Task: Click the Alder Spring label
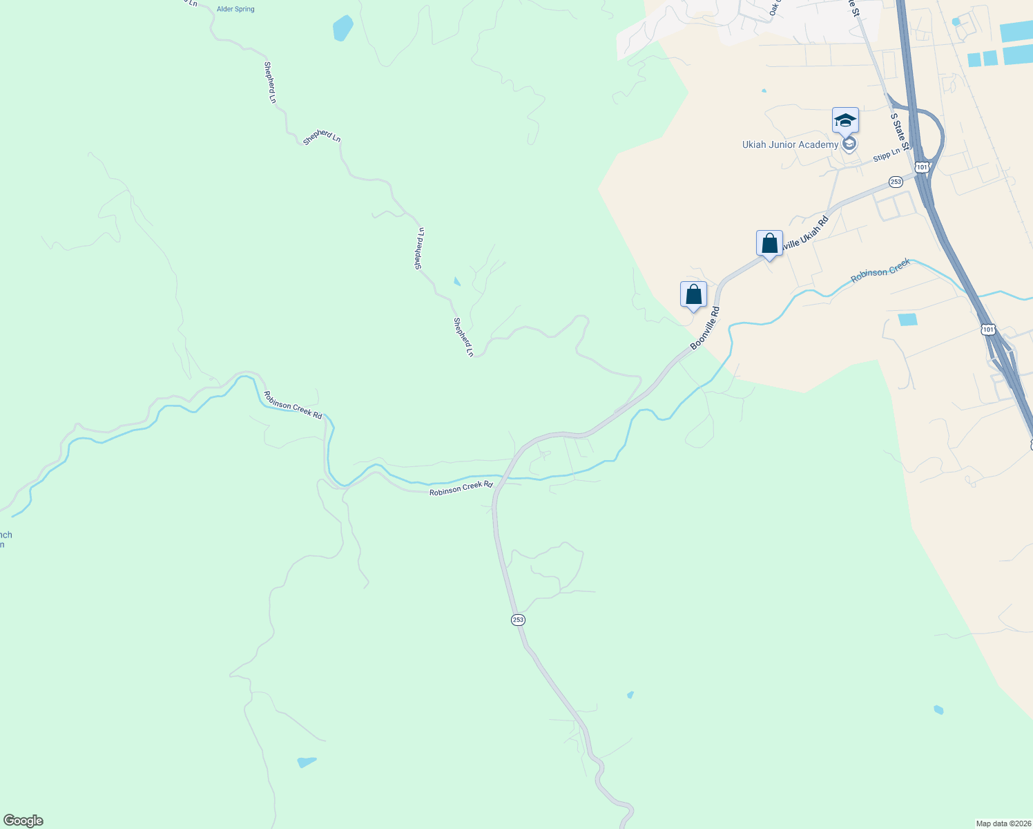(235, 10)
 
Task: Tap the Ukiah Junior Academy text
(790, 144)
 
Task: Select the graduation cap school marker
(845, 120)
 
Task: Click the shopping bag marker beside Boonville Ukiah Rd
(769, 244)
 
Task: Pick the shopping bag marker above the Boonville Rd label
(693, 295)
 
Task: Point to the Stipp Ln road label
(887, 155)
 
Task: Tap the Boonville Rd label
(705, 328)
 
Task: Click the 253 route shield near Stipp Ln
(896, 182)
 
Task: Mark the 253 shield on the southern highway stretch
(518, 620)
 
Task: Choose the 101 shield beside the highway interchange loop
(921, 166)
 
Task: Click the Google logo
(23, 821)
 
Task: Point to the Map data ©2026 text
(1003, 823)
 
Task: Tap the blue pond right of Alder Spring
(342, 28)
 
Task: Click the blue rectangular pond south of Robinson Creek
(908, 319)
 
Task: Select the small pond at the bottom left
(306, 762)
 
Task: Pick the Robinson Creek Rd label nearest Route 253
(461, 488)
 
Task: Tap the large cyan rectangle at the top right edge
(1016, 32)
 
